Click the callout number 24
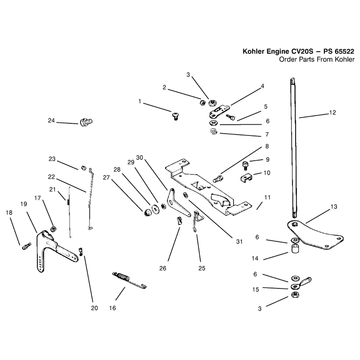point(51,121)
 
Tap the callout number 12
point(333,112)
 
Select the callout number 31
point(239,242)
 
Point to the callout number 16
point(112,308)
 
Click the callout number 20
point(94,308)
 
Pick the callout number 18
point(9,212)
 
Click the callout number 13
point(333,207)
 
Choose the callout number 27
point(106,177)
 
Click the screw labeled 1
point(175,116)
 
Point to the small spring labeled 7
point(214,132)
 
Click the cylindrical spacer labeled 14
point(295,249)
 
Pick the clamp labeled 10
point(246,177)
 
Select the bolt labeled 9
point(245,165)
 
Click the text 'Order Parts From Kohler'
point(317,59)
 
